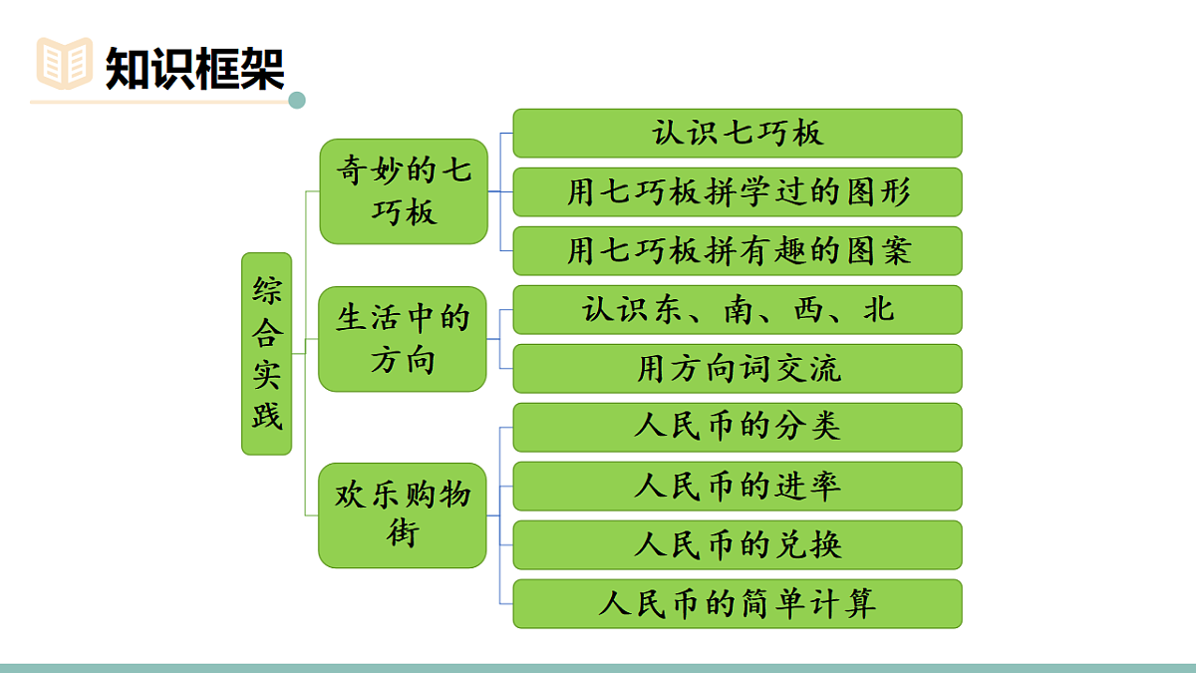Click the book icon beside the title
(x=64, y=63)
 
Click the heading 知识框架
(x=195, y=68)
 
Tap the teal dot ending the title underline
(x=296, y=101)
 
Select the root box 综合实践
(x=267, y=354)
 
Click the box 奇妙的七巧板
(x=403, y=191)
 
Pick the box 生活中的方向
(x=403, y=339)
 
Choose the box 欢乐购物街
(x=403, y=514)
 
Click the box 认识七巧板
(x=738, y=134)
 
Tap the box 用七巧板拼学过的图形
(x=738, y=192)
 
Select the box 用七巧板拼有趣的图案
(x=738, y=251)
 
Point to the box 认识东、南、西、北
(x=738, y=310)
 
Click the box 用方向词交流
(x=738, y=369)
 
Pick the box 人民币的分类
(x=738, y=428)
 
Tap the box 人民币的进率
(x=738, y=487)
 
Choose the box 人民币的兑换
(x=738, y=545)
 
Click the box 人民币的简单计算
(x=738, y=604)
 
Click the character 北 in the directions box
(x=879, y=310)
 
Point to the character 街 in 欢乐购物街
(x=403, y=533)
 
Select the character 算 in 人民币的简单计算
(x=860, y=604)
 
